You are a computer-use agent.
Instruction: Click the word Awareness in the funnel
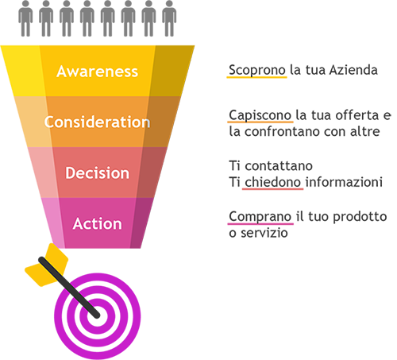97,72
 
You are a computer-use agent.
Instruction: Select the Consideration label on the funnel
97,122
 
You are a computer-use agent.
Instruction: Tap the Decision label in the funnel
97,173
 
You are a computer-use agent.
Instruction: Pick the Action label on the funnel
97,223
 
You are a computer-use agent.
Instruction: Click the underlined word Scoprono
257,71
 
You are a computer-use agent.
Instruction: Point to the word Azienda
353,70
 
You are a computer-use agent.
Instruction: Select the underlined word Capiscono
260,116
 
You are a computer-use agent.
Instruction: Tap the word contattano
279,166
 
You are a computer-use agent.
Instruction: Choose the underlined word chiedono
272,182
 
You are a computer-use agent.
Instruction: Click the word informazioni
344,182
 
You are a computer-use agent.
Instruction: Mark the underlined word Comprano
260,217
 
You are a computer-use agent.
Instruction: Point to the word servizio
264,233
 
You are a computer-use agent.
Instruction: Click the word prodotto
360,217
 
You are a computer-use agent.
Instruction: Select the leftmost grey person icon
25,18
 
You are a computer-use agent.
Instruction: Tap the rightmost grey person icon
169,18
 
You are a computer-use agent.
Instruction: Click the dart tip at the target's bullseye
97,315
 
